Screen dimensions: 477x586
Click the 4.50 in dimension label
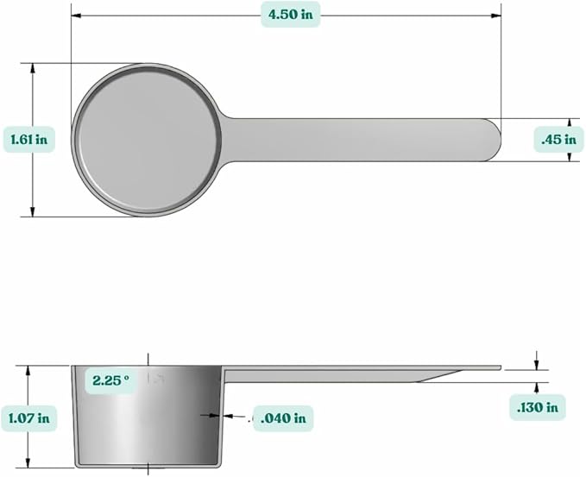[x=290, y=14]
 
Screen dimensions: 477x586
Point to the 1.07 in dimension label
[x=28, y=418]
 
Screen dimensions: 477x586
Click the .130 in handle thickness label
[x=538, y=406]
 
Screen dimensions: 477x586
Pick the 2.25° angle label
[x=111, y=380]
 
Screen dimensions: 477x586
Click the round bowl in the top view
[x=147, y=139]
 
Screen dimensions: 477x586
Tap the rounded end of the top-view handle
[x=490, y=140]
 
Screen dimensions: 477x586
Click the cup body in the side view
[x=147, y=418]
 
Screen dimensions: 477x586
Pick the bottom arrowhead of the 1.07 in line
[x=29, y=463]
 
